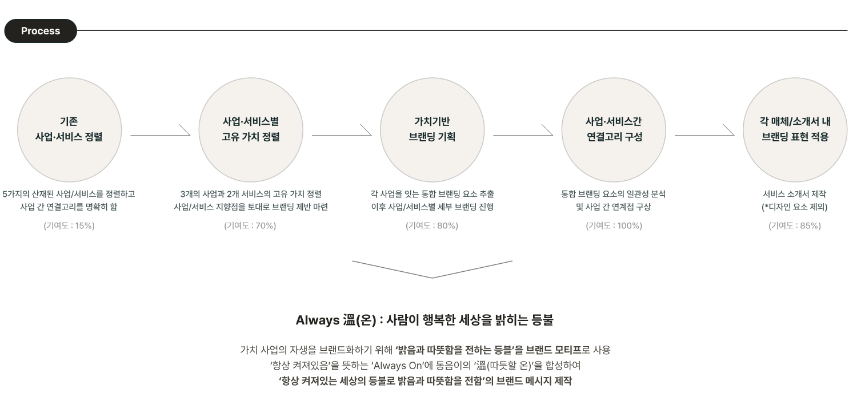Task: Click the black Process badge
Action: pyautogui.click(x=41, y=31)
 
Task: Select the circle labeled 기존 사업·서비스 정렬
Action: pyautogui.click(x=69, y=130)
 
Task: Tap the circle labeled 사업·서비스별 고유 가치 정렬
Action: pyautogui.click(x=251, y=130)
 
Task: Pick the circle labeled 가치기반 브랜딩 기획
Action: pyautogui.click(x=432, y=130)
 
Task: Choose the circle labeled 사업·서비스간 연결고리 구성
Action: pyautogui.click(x=614, y=130)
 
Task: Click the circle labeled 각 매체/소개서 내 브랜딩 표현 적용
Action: pyautogui.click(x=795, y=130)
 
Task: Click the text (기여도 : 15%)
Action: pyautogui.click(x=69, y=225)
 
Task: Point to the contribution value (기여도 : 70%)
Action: pyautogui.click(x=250, y=225)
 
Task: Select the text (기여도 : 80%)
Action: pyautogui.click(x=432, y=225)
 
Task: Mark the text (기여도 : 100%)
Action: pyautogui.click(x=614, y=225)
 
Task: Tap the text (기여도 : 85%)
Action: pyautogui.click(x=795, y=225)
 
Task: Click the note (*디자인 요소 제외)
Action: pyautogui.click(x=795, y=207)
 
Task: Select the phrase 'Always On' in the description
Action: pyautogui.click(x=398, y=366)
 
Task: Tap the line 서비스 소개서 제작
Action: pyautogui.click(x=795, y=194)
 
